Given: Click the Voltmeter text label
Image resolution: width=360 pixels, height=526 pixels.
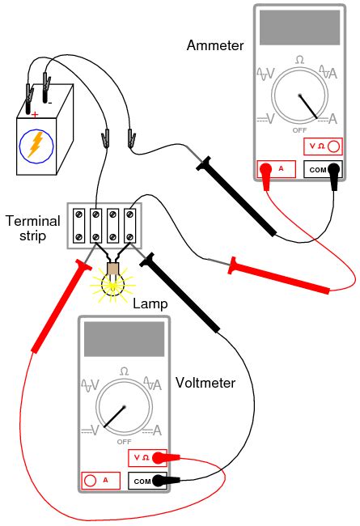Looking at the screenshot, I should (205, 383).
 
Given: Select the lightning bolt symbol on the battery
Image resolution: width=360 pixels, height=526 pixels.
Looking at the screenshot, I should (36, 146).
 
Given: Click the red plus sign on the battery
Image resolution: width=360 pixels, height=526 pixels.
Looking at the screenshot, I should (35, 115).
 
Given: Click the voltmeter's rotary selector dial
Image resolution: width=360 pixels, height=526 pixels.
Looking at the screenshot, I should (124, 407).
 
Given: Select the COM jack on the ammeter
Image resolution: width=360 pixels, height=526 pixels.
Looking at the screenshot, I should (323, 170).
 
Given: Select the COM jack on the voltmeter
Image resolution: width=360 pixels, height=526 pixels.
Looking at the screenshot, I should (148, 481).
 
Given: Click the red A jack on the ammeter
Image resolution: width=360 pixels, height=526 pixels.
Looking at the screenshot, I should (274, 170).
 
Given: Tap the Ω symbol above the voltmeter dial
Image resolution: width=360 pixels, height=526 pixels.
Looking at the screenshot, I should (124, 370).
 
